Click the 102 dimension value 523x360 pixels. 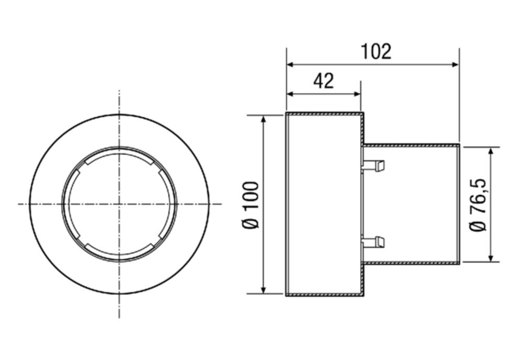(376, 52)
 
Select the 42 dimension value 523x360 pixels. (323, 81)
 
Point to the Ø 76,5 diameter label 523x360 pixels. (478, 205)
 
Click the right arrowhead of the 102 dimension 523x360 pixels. (455, 65)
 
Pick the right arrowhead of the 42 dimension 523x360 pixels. (357, 94)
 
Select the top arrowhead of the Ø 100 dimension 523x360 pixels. (264, 119)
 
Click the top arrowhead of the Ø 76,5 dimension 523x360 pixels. (491, 151)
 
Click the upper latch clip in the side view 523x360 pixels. (374, 165)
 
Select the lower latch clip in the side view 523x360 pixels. (374, 241)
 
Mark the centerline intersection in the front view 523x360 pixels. (119, 204)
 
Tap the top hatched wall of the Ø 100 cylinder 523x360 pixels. (324, 113)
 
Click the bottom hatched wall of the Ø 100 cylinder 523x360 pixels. (324, 295)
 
